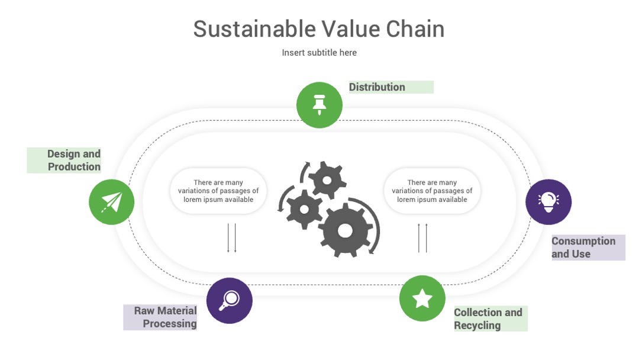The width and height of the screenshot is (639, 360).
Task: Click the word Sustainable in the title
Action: point(254,29)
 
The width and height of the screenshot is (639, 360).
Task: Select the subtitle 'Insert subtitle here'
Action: point(319,53)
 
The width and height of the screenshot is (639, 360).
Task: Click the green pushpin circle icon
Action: point(319,105)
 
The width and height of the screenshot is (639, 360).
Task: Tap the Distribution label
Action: point(377,87)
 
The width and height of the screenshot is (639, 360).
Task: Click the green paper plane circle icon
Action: point(112,202)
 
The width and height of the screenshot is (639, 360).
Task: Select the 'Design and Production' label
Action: point(74,160)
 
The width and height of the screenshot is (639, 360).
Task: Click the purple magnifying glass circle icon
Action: point(230,301)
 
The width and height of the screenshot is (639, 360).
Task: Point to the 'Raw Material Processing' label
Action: point(166,317)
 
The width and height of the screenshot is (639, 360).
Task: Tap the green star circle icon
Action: point(422,298)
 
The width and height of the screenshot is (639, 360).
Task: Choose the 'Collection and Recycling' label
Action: point(488,319)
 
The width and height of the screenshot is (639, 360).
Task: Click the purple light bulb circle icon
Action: point(548,202)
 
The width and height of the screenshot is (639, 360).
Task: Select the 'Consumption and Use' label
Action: point(583,247)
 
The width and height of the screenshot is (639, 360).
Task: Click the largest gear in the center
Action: point(345,230)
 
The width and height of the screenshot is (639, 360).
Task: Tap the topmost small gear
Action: point(327,180)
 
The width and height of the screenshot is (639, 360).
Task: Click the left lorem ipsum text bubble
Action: point(218,191)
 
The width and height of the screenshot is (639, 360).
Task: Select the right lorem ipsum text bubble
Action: point(432,191)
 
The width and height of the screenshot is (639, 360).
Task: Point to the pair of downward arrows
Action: point(232,237)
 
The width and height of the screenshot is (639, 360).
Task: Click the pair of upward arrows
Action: point(422,237)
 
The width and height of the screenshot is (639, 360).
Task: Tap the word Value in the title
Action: point(351,29)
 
